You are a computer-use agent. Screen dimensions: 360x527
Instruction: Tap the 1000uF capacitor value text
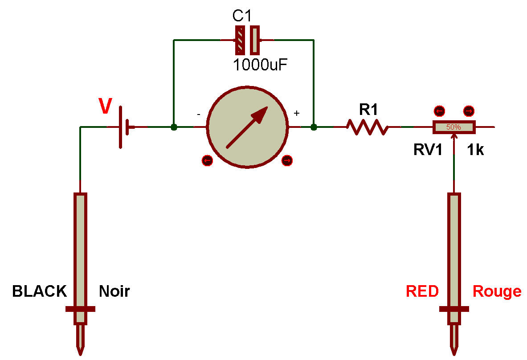[x=261, y=65]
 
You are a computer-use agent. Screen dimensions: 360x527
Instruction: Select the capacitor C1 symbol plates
[x=247, y=40]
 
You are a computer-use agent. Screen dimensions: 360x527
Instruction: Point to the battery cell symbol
[x=125, y=127]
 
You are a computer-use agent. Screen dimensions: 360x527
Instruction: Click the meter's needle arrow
[x=248, y=127]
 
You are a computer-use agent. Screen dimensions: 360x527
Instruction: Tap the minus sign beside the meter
[x=198, y=114]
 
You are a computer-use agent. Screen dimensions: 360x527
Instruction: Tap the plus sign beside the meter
[x=297, y=114]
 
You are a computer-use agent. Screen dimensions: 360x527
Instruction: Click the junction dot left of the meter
[x=174, y=127]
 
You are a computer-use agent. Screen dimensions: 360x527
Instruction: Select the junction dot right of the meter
[x=314, y=127]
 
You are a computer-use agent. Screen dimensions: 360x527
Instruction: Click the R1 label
[x=368, y=109]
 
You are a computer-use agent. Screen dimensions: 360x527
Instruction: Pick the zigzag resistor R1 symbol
[x=368, y=127]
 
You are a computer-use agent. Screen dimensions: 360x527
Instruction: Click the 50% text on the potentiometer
[x=453, y=127]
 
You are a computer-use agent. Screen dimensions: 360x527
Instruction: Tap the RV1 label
[x=428, y=150]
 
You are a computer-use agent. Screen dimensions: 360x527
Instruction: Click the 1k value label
[x=475, y=150]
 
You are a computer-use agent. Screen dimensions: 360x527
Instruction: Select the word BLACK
[x=39, y=291]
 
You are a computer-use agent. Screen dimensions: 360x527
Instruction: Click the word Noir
[x=114, y=291]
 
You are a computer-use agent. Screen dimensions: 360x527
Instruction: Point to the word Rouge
[x=497, y=291]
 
